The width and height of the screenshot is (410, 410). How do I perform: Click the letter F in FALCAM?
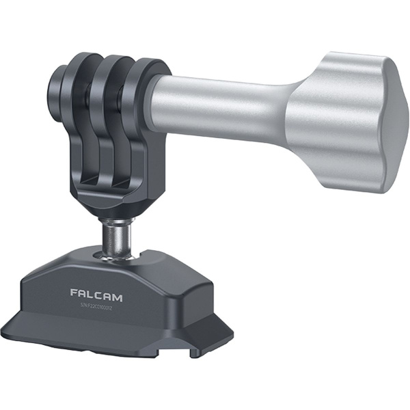(74, 292)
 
